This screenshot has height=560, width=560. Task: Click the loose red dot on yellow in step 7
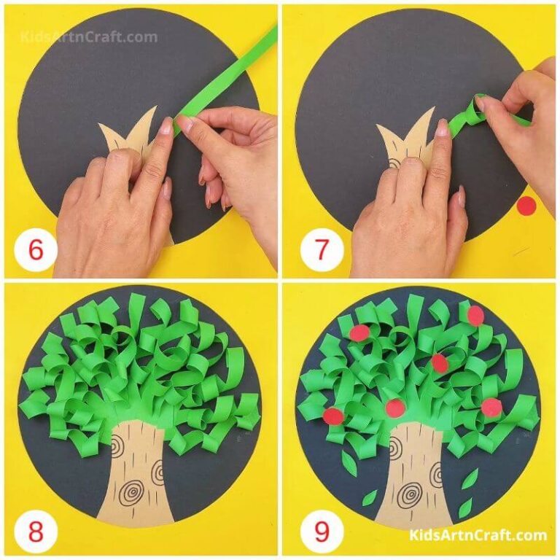(526, 206)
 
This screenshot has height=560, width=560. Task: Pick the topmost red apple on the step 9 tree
(475, 315)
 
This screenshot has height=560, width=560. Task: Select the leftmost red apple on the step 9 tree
(333, 416)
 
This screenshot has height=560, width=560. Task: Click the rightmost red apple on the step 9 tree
(491, 405)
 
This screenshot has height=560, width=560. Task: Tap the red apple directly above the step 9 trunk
(394, 409)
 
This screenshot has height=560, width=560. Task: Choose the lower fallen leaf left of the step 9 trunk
(370, 497)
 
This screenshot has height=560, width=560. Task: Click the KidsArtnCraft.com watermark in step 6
(88, 36)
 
